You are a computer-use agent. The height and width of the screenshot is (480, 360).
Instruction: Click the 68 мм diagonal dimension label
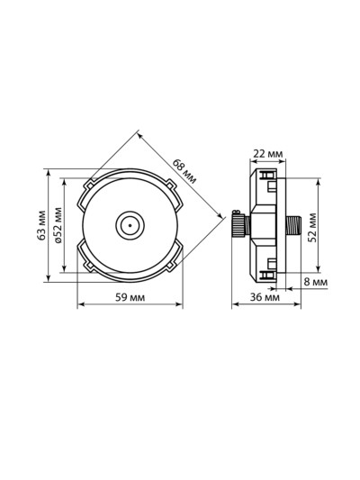184,171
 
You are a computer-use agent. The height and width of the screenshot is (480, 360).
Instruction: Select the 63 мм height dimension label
41,225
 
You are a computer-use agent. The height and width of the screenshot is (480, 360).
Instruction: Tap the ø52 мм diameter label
58,225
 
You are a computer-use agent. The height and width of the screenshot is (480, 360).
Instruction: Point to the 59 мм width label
130,297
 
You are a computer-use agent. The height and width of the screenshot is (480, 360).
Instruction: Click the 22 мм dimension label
268,153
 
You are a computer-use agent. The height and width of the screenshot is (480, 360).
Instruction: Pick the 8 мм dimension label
316,282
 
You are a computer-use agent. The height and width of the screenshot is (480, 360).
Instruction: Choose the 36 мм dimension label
265,297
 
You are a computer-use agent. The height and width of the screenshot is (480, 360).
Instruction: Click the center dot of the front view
130,226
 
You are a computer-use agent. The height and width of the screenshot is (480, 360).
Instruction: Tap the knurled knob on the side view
238,226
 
